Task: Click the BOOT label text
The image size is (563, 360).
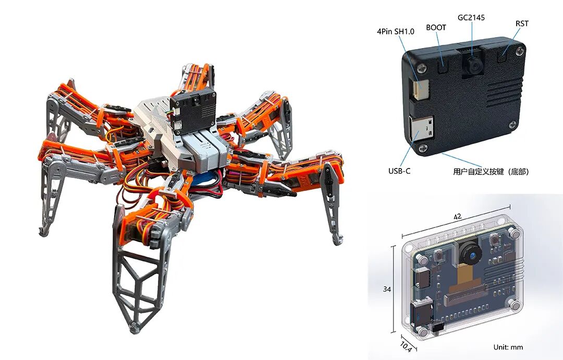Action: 436,28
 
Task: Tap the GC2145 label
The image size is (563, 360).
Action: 471,17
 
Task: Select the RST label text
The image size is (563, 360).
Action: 522,23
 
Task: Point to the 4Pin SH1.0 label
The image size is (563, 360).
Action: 395,32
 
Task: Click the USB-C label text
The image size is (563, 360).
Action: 399,171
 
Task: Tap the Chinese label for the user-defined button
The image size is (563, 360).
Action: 491,172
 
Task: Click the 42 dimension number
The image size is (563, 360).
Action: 458,217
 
